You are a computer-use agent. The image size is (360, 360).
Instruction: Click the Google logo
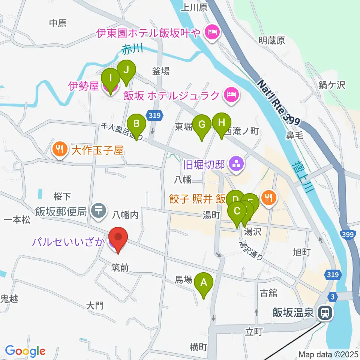click(x=25, y=351)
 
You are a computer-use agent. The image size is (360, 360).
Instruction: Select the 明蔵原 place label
click(x=271, y=40)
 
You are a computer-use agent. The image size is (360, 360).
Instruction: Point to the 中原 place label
click(x=58, y=23)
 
